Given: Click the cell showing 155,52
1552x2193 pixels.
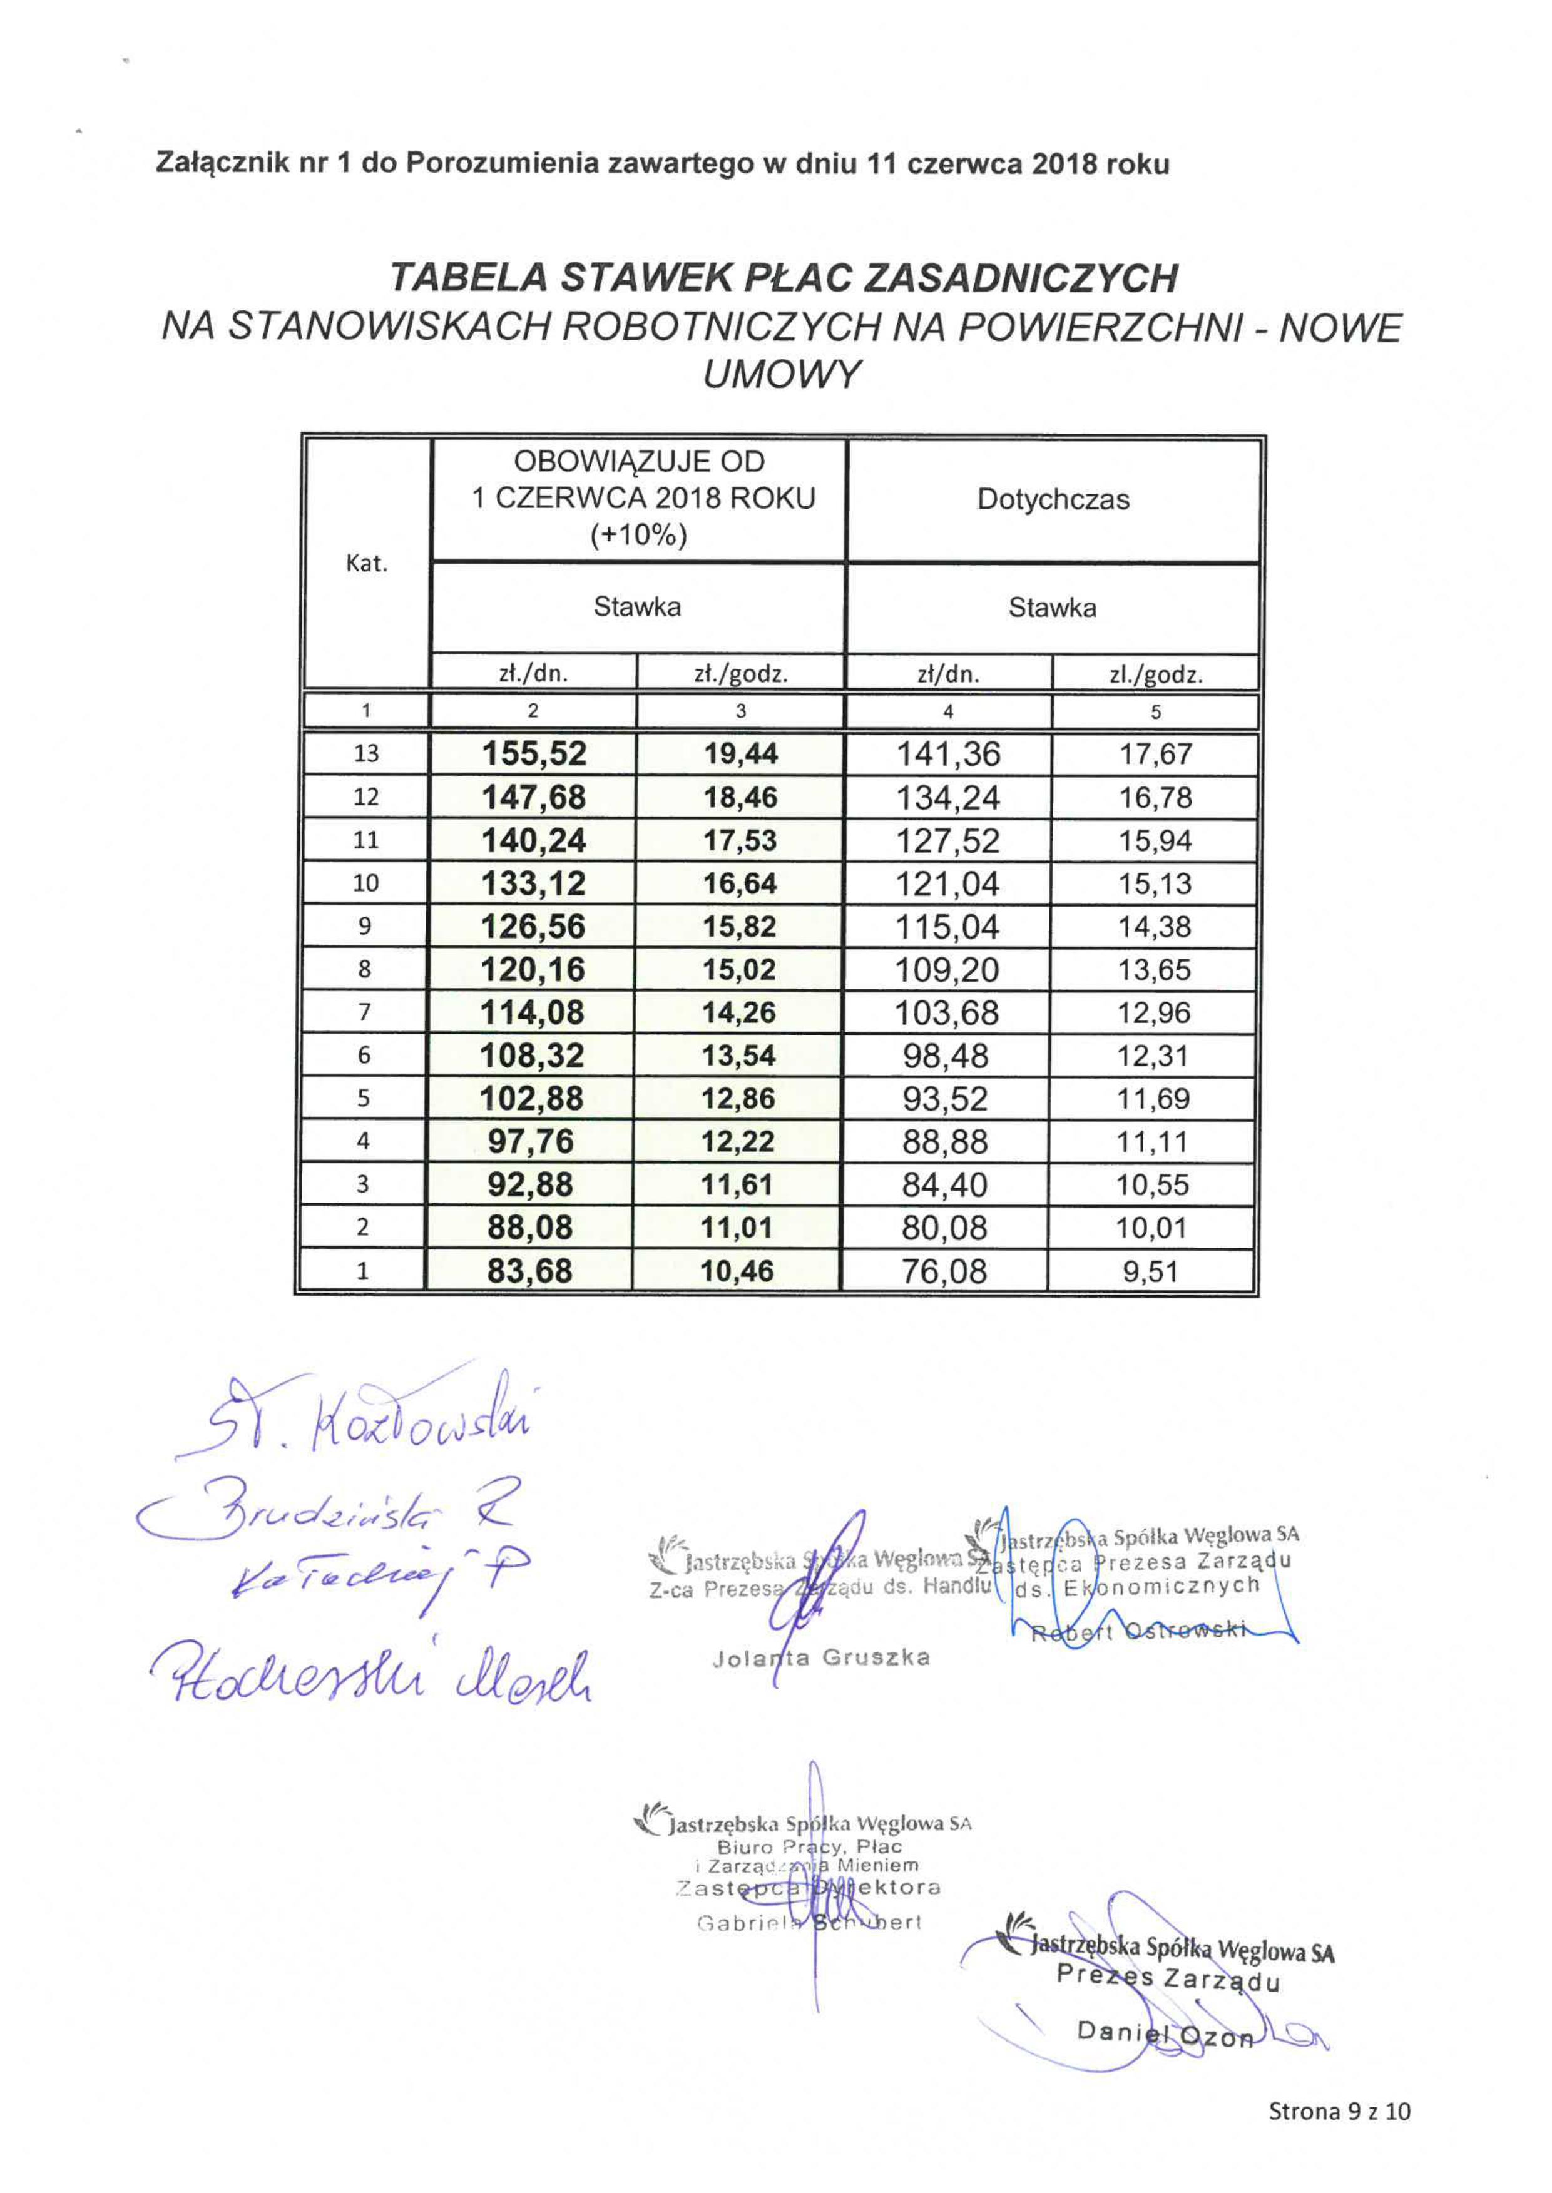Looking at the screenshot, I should click(x=533, y=754).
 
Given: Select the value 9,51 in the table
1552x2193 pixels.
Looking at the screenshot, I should click(x=1151, y=1272).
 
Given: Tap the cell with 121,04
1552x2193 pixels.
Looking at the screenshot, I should click(x=947, y=884).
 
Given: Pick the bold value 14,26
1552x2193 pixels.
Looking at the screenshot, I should click(x=738, y=1013).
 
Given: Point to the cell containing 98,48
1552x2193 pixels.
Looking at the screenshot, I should click(x=945, y=1056).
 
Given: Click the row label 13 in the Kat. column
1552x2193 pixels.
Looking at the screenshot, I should click(x=366, y=754).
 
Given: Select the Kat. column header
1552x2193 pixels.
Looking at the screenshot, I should click(x=366, y=564).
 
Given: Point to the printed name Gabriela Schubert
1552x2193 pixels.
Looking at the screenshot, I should click(x=809, y=1923).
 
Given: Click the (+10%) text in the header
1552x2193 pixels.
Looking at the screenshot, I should click(x=638, y=535).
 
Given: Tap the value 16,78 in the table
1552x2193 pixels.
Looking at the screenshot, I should click(x=1155, y=798).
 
